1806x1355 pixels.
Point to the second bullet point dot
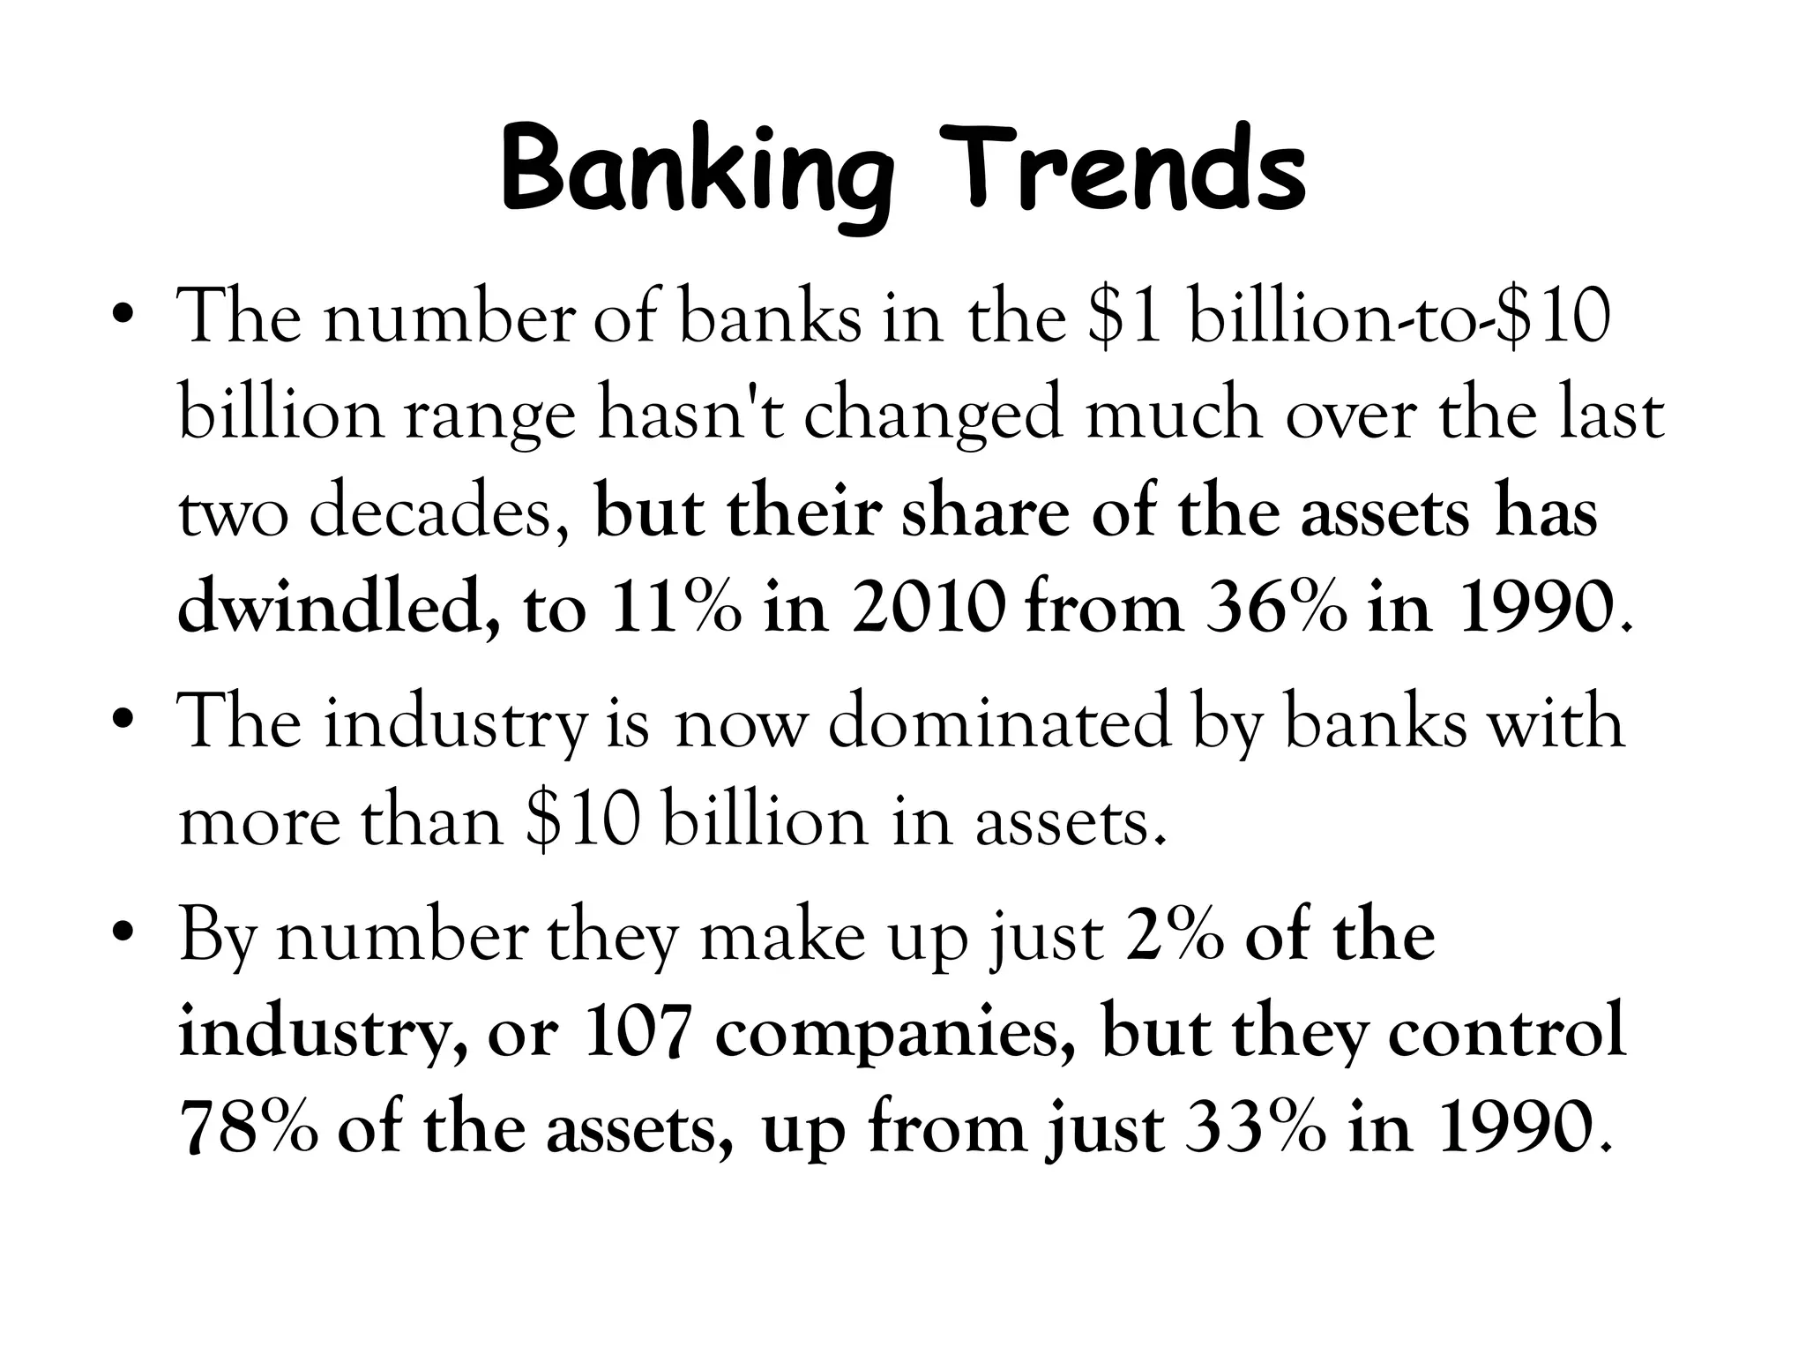[123, 722]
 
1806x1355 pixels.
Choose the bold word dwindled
[334, 610]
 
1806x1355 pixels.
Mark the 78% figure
[248, 1131]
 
